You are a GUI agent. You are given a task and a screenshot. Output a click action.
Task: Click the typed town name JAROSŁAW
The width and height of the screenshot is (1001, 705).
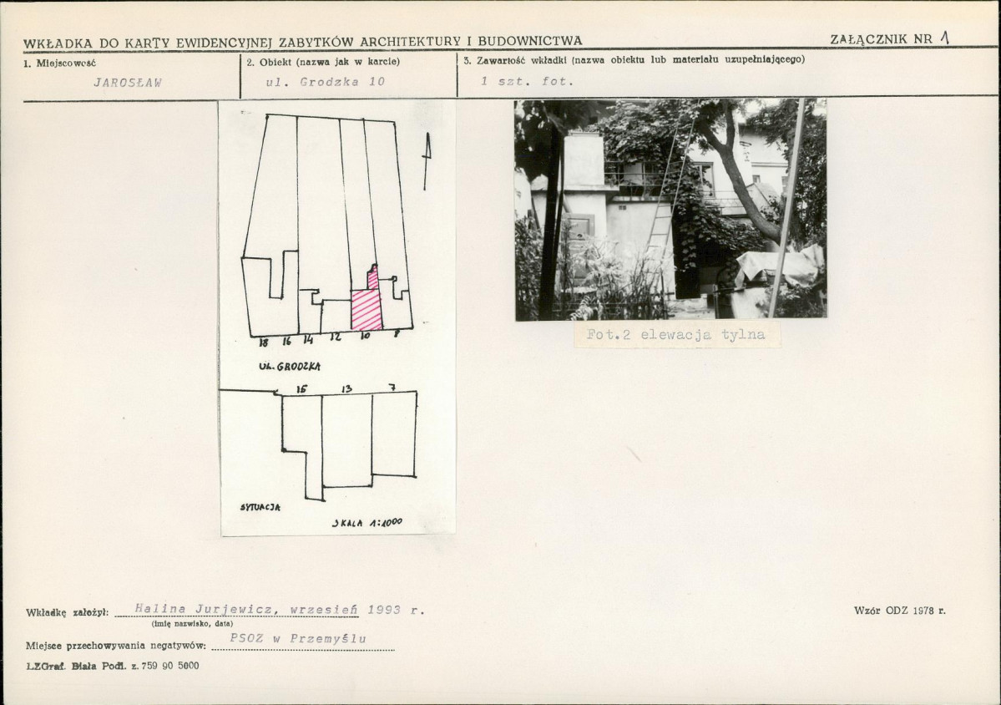(x=128, y=83)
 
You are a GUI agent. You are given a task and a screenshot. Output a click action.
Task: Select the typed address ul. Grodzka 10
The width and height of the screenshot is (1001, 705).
(x=326, y=82)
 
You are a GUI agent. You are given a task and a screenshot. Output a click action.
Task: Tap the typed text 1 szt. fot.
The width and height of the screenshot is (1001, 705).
(x=528, y=81)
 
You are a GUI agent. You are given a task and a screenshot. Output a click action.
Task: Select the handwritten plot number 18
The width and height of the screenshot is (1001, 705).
(x=265, y=343)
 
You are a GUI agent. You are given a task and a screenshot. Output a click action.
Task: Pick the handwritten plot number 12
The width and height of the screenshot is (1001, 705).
(x=335, y=337)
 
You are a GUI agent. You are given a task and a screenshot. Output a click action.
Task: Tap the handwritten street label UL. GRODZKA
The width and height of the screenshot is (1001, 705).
(x=290, y=367)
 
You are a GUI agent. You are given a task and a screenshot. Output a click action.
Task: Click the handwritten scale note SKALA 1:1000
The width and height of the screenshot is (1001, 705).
(x=367, y=522)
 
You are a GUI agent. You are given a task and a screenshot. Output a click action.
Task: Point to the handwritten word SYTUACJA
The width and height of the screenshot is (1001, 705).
(x=260, y=507)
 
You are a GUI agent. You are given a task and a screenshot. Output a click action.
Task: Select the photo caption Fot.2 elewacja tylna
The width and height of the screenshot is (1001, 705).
(x=675, y=335)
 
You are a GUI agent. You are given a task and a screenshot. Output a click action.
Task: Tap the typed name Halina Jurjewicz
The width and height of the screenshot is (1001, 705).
(x=205, y=609)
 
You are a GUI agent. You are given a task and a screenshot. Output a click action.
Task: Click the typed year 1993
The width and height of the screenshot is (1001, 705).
(x=384, y=610)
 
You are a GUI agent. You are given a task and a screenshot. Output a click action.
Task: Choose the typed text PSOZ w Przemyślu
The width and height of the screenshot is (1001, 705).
(x=298, y=638)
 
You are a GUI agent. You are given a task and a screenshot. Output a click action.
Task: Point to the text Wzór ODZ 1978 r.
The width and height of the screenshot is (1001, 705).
(x=900, y=611)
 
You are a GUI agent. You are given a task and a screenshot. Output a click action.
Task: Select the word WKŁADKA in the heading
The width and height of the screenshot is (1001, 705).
(x=58, y=43)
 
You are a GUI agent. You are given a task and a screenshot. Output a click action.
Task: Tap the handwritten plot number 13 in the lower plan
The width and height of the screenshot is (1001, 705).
(x=346, y=388)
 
